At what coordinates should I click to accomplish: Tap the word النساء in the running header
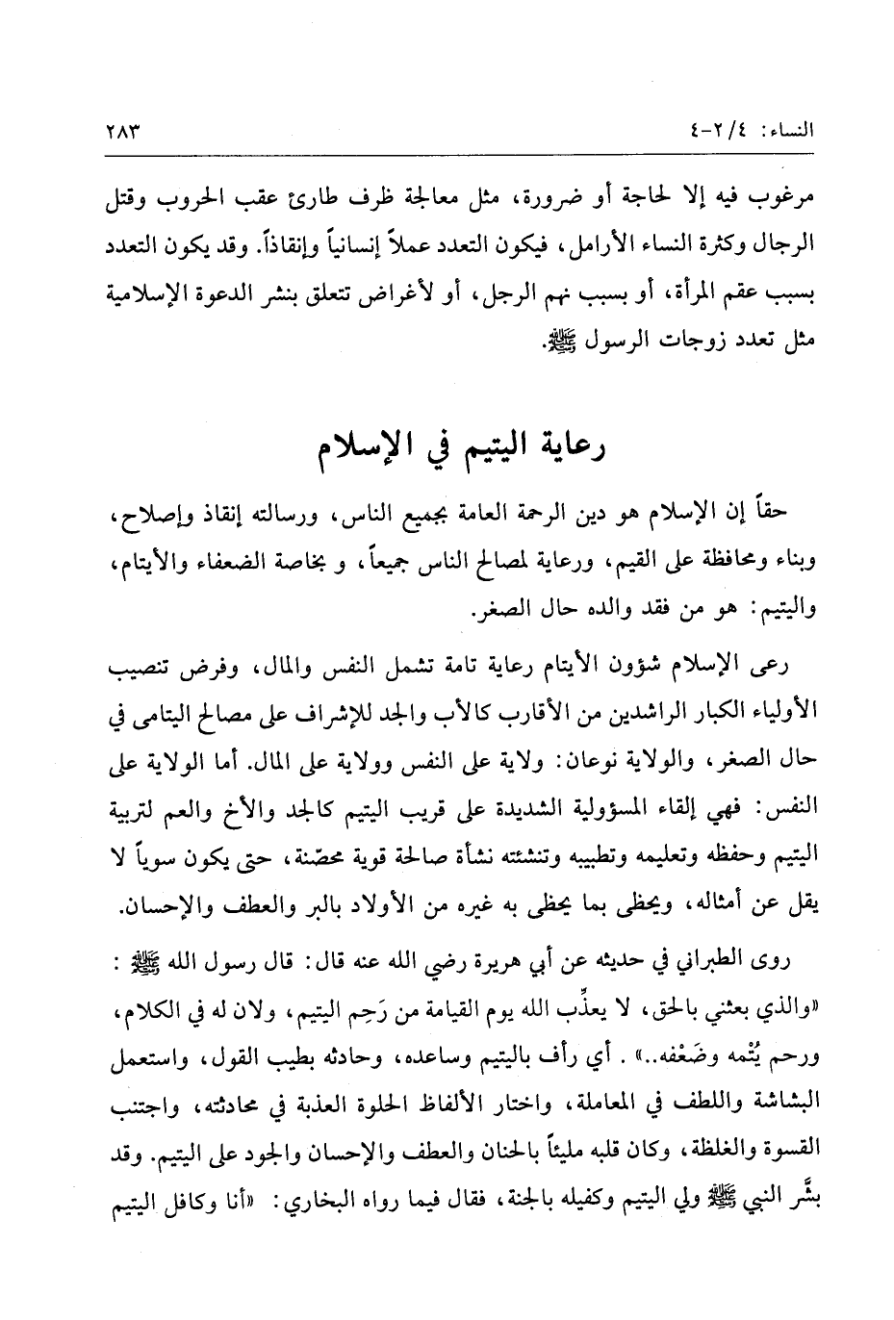783,130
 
